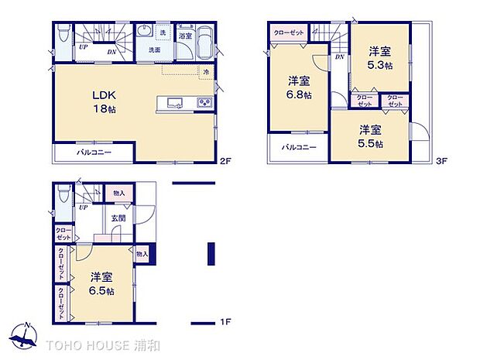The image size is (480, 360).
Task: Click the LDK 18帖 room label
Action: click(105, 101)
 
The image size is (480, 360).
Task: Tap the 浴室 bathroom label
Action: click(185, 36)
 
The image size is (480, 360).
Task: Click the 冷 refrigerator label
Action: click(207, 72)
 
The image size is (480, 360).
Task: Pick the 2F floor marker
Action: click(225, 161)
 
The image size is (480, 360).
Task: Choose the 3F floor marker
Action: click(442, 161)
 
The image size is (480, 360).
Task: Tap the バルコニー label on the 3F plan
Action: click(298, 147)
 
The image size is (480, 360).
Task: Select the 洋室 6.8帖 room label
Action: click(300, 87)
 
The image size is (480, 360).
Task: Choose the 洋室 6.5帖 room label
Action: click(101, 283)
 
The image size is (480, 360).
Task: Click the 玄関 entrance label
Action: click(118, 219)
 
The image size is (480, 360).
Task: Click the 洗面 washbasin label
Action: click(155, 50)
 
